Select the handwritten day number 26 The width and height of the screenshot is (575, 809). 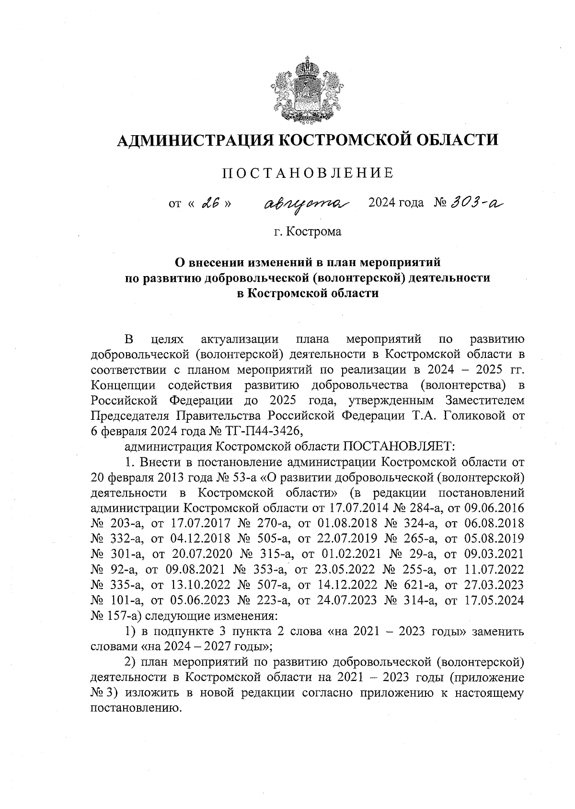211,203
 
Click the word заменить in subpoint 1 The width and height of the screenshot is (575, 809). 498,631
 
